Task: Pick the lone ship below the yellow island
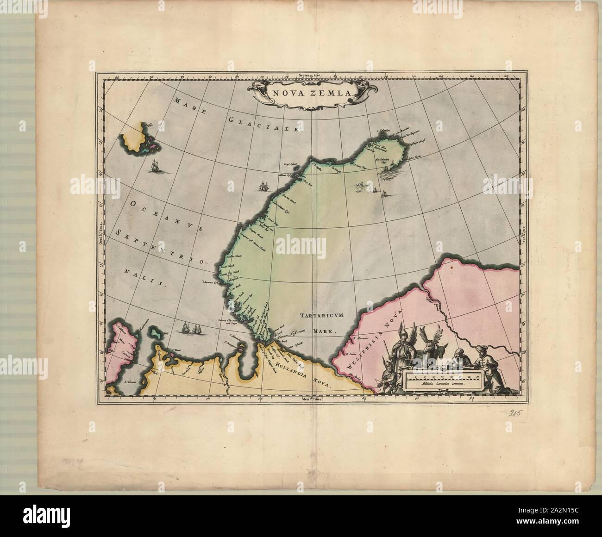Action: [x=155, y=165]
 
